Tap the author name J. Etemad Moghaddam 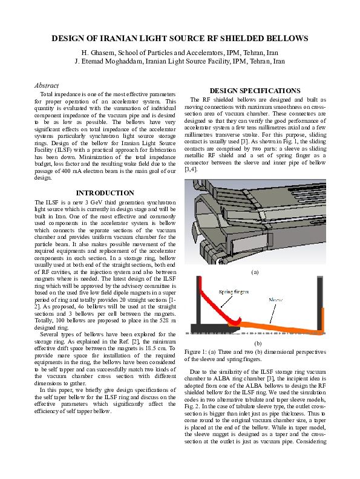click(x=108, y=61)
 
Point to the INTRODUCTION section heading click(x=101, y=193)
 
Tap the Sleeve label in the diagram click(x=276, y=299)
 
